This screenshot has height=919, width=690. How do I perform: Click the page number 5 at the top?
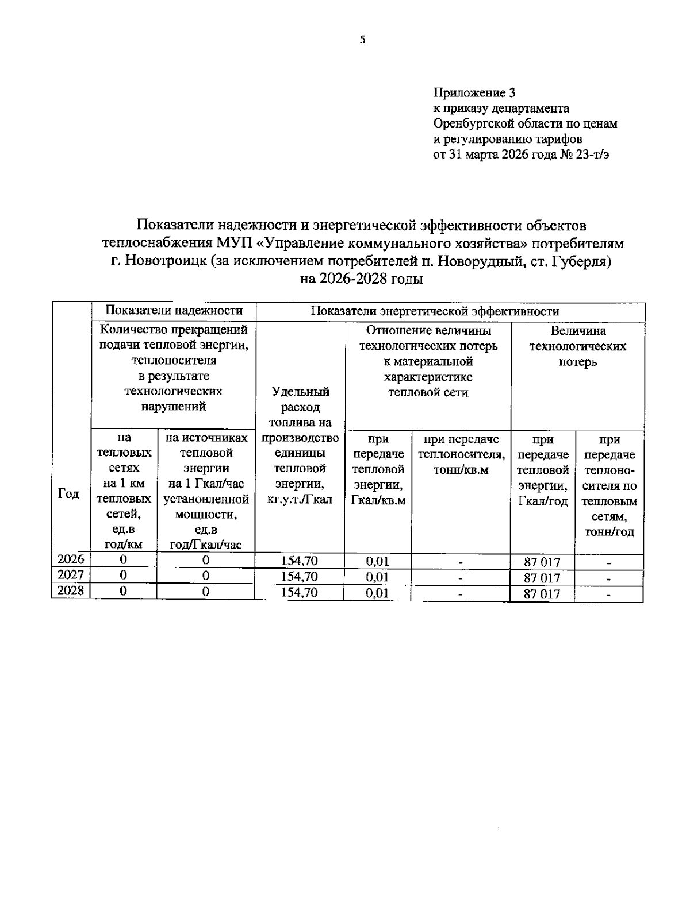pos(362,40)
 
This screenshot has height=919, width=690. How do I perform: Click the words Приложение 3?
pos(474,93)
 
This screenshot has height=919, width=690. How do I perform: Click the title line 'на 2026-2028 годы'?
pos(362,279)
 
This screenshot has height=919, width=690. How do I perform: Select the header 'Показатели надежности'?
pos(174,311)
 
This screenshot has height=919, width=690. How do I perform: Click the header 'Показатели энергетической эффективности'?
pos(435,311)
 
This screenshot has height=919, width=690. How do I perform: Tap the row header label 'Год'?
pos(68,494)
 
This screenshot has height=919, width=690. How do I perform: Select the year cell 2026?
pos(71,559)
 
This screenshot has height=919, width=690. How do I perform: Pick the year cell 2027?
pos(71,575)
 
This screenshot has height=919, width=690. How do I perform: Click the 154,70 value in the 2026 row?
pos(299,561)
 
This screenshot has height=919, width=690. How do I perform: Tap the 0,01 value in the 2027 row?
pos(377,577)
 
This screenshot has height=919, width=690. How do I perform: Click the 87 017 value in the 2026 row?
pos(542,562)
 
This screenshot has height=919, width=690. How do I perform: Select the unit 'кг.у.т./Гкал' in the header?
pos(300,500)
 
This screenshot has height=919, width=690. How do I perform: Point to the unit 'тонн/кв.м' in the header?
pos(461,470)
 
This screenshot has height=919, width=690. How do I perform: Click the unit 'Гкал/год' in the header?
pos(543,501)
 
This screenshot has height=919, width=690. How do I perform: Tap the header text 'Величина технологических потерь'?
pos(578,346)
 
